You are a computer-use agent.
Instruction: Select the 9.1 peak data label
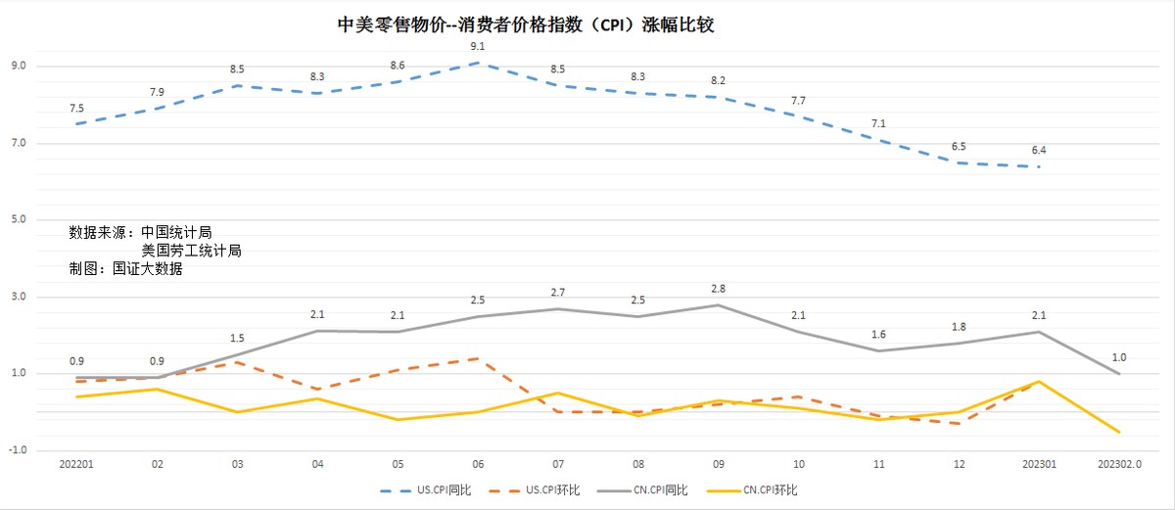477,46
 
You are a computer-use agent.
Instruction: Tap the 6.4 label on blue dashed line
1039,150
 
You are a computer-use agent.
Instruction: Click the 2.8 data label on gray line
718,288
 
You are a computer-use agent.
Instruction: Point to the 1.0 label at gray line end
1119,356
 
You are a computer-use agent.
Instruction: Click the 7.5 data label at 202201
76,108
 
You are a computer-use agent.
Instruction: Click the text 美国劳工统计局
191,251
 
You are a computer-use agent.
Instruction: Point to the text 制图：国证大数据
125,269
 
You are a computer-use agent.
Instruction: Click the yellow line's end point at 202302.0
1118,432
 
